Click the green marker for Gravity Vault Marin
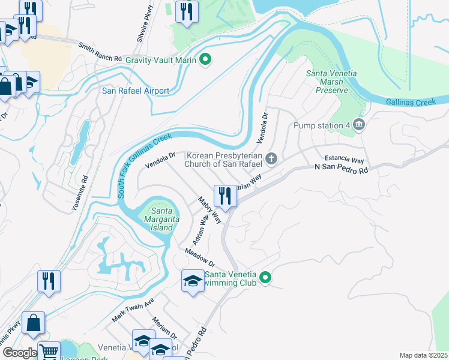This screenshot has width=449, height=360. [x=205, y=59]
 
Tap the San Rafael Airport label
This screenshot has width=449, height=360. [x=135, y=91]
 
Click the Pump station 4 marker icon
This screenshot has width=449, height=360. [x=359, y=125]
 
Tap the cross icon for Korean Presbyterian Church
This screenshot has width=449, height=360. [x=271, y=159]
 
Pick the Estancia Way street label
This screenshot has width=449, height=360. [x=345, y=160]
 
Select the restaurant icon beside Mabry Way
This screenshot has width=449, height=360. [x=226, y=195]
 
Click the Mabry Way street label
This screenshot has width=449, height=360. [x=210, y=211]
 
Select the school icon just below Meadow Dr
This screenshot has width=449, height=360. [x=193, y=281]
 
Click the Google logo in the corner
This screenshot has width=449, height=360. [x=20, y=353]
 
